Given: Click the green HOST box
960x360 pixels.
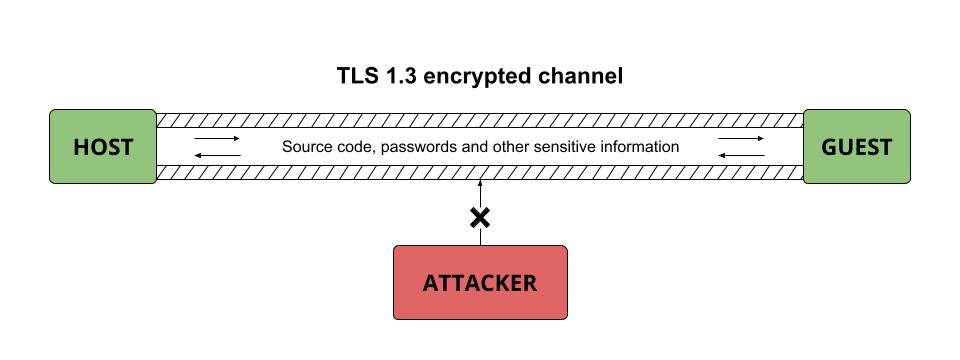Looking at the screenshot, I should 103,147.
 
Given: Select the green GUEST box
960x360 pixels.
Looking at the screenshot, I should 857,147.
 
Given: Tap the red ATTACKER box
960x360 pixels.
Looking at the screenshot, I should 480,283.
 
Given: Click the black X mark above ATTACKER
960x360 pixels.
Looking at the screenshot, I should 480,217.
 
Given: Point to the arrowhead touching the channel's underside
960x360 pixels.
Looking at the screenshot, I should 480,184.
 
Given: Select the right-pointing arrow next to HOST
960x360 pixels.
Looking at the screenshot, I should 217,139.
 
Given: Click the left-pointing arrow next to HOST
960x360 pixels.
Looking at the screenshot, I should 217,155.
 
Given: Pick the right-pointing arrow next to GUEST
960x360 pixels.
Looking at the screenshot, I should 741,139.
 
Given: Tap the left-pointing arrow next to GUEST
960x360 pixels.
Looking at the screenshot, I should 741,155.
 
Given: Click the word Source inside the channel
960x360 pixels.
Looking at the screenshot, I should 306,147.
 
